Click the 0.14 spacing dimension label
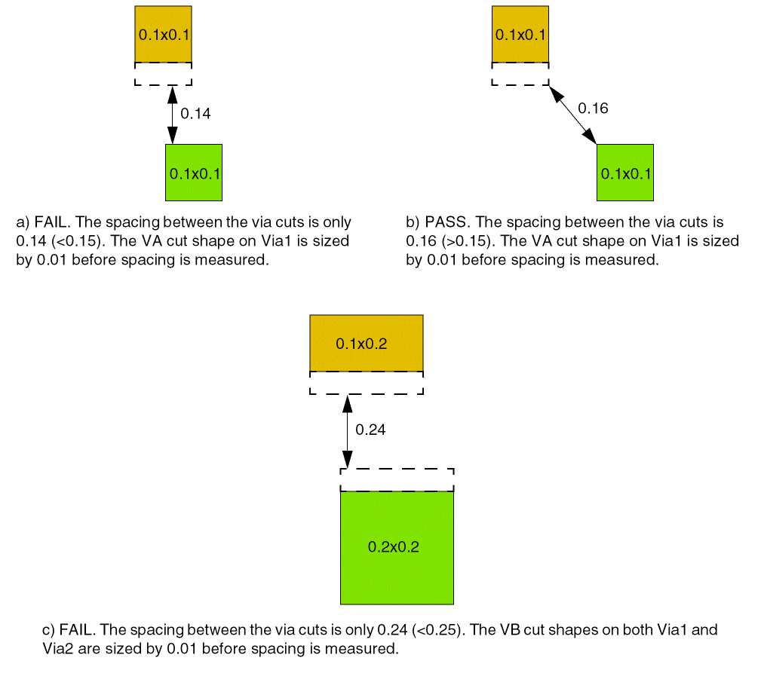(195, 114)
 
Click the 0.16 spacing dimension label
(593, 109)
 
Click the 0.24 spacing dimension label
(370, 430)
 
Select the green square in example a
(194, 173)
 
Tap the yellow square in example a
(163, 34)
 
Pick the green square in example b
(625, 173)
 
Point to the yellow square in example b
(520, 34)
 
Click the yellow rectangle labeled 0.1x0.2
(367, 344)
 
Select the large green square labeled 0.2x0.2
(397, 547)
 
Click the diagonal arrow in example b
(572, 114)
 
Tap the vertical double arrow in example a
(172, 115)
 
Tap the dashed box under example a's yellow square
(163, 74)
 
